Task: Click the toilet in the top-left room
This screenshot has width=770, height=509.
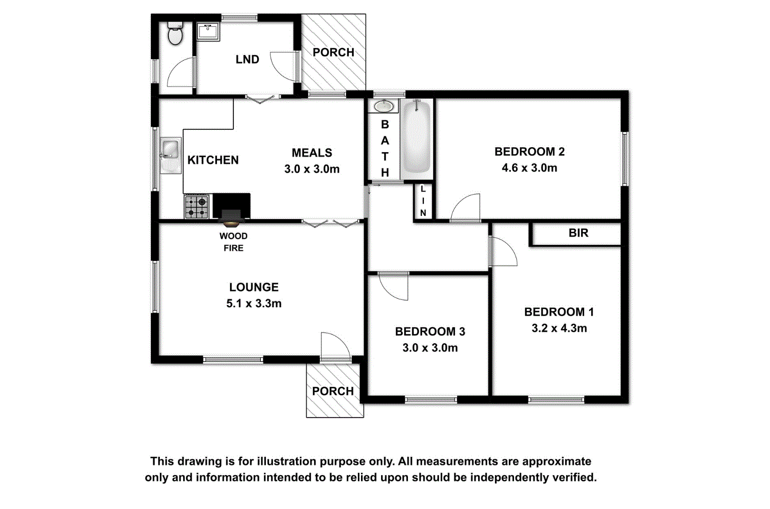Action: (175, 34)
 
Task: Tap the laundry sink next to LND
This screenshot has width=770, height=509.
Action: (208, 32)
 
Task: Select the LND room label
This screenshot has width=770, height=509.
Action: (247, 60)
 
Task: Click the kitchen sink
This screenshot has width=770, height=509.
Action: (170, 149)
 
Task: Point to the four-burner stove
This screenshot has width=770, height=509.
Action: (196, 206)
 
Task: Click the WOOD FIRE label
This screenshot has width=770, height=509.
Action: (233, 242)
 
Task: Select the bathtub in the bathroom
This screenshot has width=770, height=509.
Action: (417, 139)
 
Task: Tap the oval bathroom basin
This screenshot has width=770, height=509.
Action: (384, 106)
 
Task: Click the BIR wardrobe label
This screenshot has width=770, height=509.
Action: (578, 233)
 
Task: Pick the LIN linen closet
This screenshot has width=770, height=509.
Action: (423, 201)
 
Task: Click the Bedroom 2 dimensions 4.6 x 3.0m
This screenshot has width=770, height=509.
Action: (529, 168)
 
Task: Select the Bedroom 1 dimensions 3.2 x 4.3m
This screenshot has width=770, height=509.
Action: (559, 328)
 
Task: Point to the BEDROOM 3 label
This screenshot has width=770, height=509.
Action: (430, 332)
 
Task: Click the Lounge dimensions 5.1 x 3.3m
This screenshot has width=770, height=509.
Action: (254, 304)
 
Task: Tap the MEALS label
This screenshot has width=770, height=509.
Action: (312, 153)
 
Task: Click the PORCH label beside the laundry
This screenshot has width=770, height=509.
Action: (333, 52)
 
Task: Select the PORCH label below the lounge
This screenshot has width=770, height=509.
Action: (332, 391)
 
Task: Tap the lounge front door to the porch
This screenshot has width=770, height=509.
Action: (335, 346)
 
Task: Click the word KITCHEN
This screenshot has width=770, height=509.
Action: (213, 160)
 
